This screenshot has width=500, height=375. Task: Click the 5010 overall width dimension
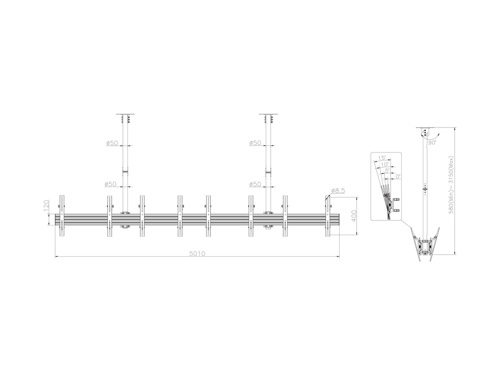click(x=197, y=254)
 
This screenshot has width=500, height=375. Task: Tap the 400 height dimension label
click(x=354, y=216)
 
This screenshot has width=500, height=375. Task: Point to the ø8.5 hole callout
click(x=338, y=190)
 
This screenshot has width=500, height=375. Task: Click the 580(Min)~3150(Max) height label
click(x=451, y=185)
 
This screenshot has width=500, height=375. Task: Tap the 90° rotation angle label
click(x=432, y=143)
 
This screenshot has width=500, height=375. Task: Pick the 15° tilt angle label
click(x=382, y=158)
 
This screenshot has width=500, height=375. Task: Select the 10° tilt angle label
click(x=385, y=164)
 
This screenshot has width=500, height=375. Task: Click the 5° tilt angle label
click(x=387, y=170)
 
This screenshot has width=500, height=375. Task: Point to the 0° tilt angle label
click(x=398, y=176)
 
